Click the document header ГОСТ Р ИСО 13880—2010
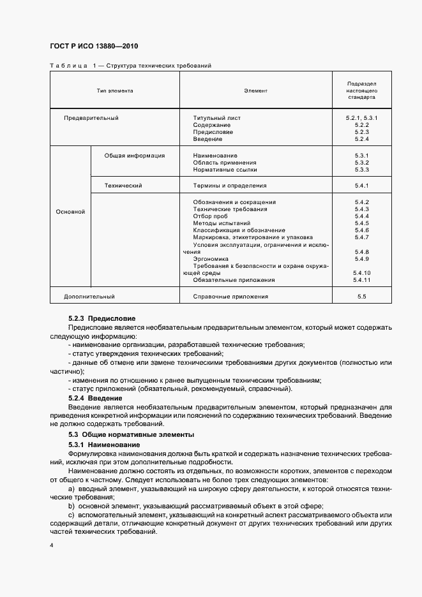pyautogui.click(x=93, y=47)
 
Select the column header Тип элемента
pyautogui.click(x=115, y=91)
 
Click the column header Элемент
pyautogui.click(x=255, y=91)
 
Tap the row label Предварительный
pyautogui.click(x=91, y=118)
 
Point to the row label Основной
pyautogui.click(x=70, y=212)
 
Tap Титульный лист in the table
pyautogui.click(x=216, y=118)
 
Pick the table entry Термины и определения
pyautogui.click(x=229, y=186)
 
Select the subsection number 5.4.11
pyautogui.click(x=362, y=279)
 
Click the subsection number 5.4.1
pyautogui.click(x=362, y=186)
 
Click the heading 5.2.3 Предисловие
pyautogui.click(x=102, y=318)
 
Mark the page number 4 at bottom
pyautogui.click(x=52, y=547)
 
